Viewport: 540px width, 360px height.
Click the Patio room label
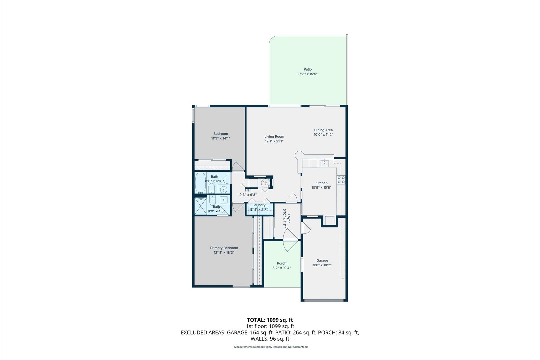pos(307,69)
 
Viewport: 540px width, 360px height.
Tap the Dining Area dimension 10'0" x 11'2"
pos(323,135)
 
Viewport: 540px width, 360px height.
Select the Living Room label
pos(274,136)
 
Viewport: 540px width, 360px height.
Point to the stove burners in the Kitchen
pos(341,180)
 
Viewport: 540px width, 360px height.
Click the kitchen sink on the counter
pos(324,163)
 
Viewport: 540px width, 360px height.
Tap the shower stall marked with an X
pos(201,207)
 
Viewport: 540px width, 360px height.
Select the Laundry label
pos(259,205)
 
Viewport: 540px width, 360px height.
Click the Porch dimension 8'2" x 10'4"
pos(282,268)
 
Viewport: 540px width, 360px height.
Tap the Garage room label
pos(322,260)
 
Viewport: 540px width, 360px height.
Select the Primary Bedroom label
pos(224,248)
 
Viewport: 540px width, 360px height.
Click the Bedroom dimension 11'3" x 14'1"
pos(221,138)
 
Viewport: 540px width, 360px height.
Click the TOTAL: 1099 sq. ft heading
pos(270,320)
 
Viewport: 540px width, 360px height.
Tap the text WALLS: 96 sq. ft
pos(270,339)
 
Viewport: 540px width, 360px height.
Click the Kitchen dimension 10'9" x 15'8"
pos(321,187)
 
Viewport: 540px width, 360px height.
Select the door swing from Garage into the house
pos(306,228)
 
